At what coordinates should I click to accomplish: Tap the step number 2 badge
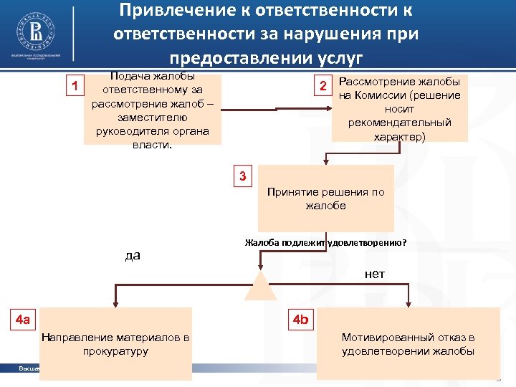click(x=323, y=86)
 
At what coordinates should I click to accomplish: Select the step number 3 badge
click(x=243, y=176)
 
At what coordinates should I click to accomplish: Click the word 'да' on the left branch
click(x=132, y=255)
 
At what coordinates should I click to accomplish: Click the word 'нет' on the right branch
click(x=374, y=274)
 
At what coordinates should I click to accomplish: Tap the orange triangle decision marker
click(x=260, y=287)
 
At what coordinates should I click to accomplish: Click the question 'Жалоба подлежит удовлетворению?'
click(x=325, y=242)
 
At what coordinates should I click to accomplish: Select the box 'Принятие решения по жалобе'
click(x=325, y=199)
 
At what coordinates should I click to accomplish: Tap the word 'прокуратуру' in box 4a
click(x=115, y=351)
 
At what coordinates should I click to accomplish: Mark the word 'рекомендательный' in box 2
click(x=400, y=123)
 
